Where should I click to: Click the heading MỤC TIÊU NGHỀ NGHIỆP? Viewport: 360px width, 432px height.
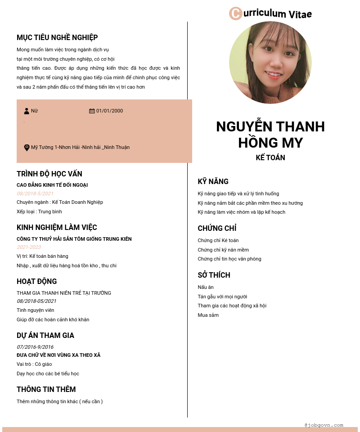(x=57, y=37)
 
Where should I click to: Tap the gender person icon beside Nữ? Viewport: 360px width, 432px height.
(x=27, y=111)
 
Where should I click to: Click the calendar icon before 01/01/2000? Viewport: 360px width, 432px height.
(x=92, y=111)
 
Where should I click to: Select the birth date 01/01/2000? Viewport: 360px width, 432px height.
(x=109, y=111)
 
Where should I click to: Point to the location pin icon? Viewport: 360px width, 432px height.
(x=27, y=148)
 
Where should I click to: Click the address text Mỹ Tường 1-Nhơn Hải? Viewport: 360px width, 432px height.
(x=80, y=148)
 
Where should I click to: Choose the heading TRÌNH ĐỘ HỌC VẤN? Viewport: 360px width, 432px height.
(x=49, y=174)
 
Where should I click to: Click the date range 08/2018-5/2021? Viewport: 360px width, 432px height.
(x=35, y=193)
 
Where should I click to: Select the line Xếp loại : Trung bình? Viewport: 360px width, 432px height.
(x=39, y=211)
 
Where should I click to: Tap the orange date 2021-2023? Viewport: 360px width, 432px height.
(x=29, y=247)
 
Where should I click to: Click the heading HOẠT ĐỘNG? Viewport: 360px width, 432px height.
(x=37, y=282)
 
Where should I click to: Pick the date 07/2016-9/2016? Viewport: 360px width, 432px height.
(x=35, y=347)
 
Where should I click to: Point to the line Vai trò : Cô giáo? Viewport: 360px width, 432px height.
(x=34, y=364)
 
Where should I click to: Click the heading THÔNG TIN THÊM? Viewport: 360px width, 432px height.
(x=46, y=390)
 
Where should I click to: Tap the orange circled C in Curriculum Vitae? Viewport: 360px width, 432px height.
(x=235, y=13)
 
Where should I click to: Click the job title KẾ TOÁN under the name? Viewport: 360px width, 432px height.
(x=270, y=157)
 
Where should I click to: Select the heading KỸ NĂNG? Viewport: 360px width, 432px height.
(x=213, y=182)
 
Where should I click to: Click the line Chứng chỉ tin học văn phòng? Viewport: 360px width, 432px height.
(x=229, y=259)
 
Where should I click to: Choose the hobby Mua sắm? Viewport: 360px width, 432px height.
(x=208, y=315)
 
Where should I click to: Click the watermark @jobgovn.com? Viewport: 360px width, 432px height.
(x=324, y=425)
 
